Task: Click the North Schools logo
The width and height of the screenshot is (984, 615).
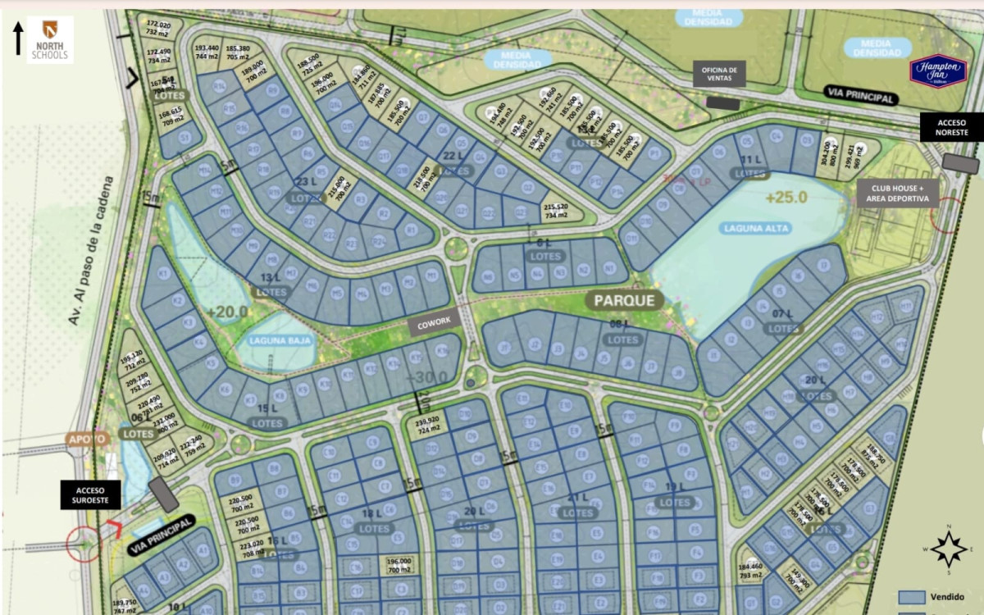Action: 50,39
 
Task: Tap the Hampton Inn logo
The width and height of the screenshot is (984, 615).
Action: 938,71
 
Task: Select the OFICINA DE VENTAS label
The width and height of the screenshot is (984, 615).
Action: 720,75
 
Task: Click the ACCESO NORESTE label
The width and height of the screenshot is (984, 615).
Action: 951,127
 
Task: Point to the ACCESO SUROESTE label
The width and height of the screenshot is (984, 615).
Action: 90,494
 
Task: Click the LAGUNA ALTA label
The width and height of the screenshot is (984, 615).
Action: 756,229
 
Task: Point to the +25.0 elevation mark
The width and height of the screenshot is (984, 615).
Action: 786,198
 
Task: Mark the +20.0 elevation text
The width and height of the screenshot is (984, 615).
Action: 226,312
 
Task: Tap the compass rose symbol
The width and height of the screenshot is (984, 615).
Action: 949,549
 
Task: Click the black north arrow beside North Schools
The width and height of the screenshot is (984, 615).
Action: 17,39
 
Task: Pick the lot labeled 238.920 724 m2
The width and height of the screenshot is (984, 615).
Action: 430,424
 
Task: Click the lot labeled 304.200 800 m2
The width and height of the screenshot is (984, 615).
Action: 829,152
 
